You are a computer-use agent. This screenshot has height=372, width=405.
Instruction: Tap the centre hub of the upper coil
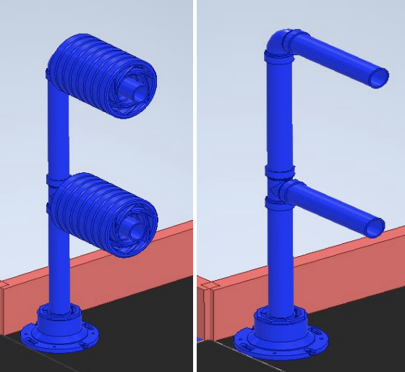coord(135,88)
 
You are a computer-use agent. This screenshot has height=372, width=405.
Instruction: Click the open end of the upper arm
coord(379,78)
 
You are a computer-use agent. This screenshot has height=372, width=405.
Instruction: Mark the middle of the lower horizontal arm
coord(333,208)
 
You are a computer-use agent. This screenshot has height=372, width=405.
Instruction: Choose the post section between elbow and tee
coord(278,116)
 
